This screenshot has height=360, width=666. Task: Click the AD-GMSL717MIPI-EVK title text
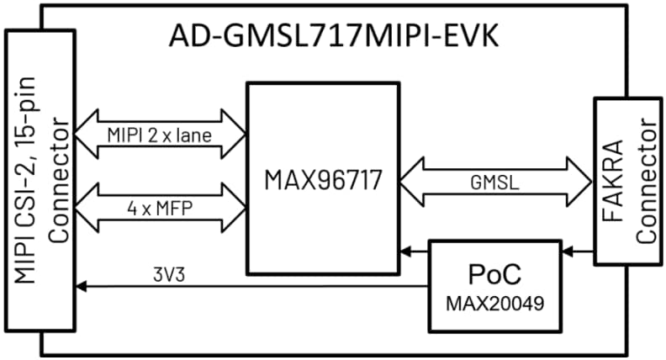[334, 37]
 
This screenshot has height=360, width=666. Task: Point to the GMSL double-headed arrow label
[494, 179]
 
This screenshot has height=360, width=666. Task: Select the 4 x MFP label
[160, 206]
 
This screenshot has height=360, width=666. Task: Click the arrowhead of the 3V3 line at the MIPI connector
[80, 287]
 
